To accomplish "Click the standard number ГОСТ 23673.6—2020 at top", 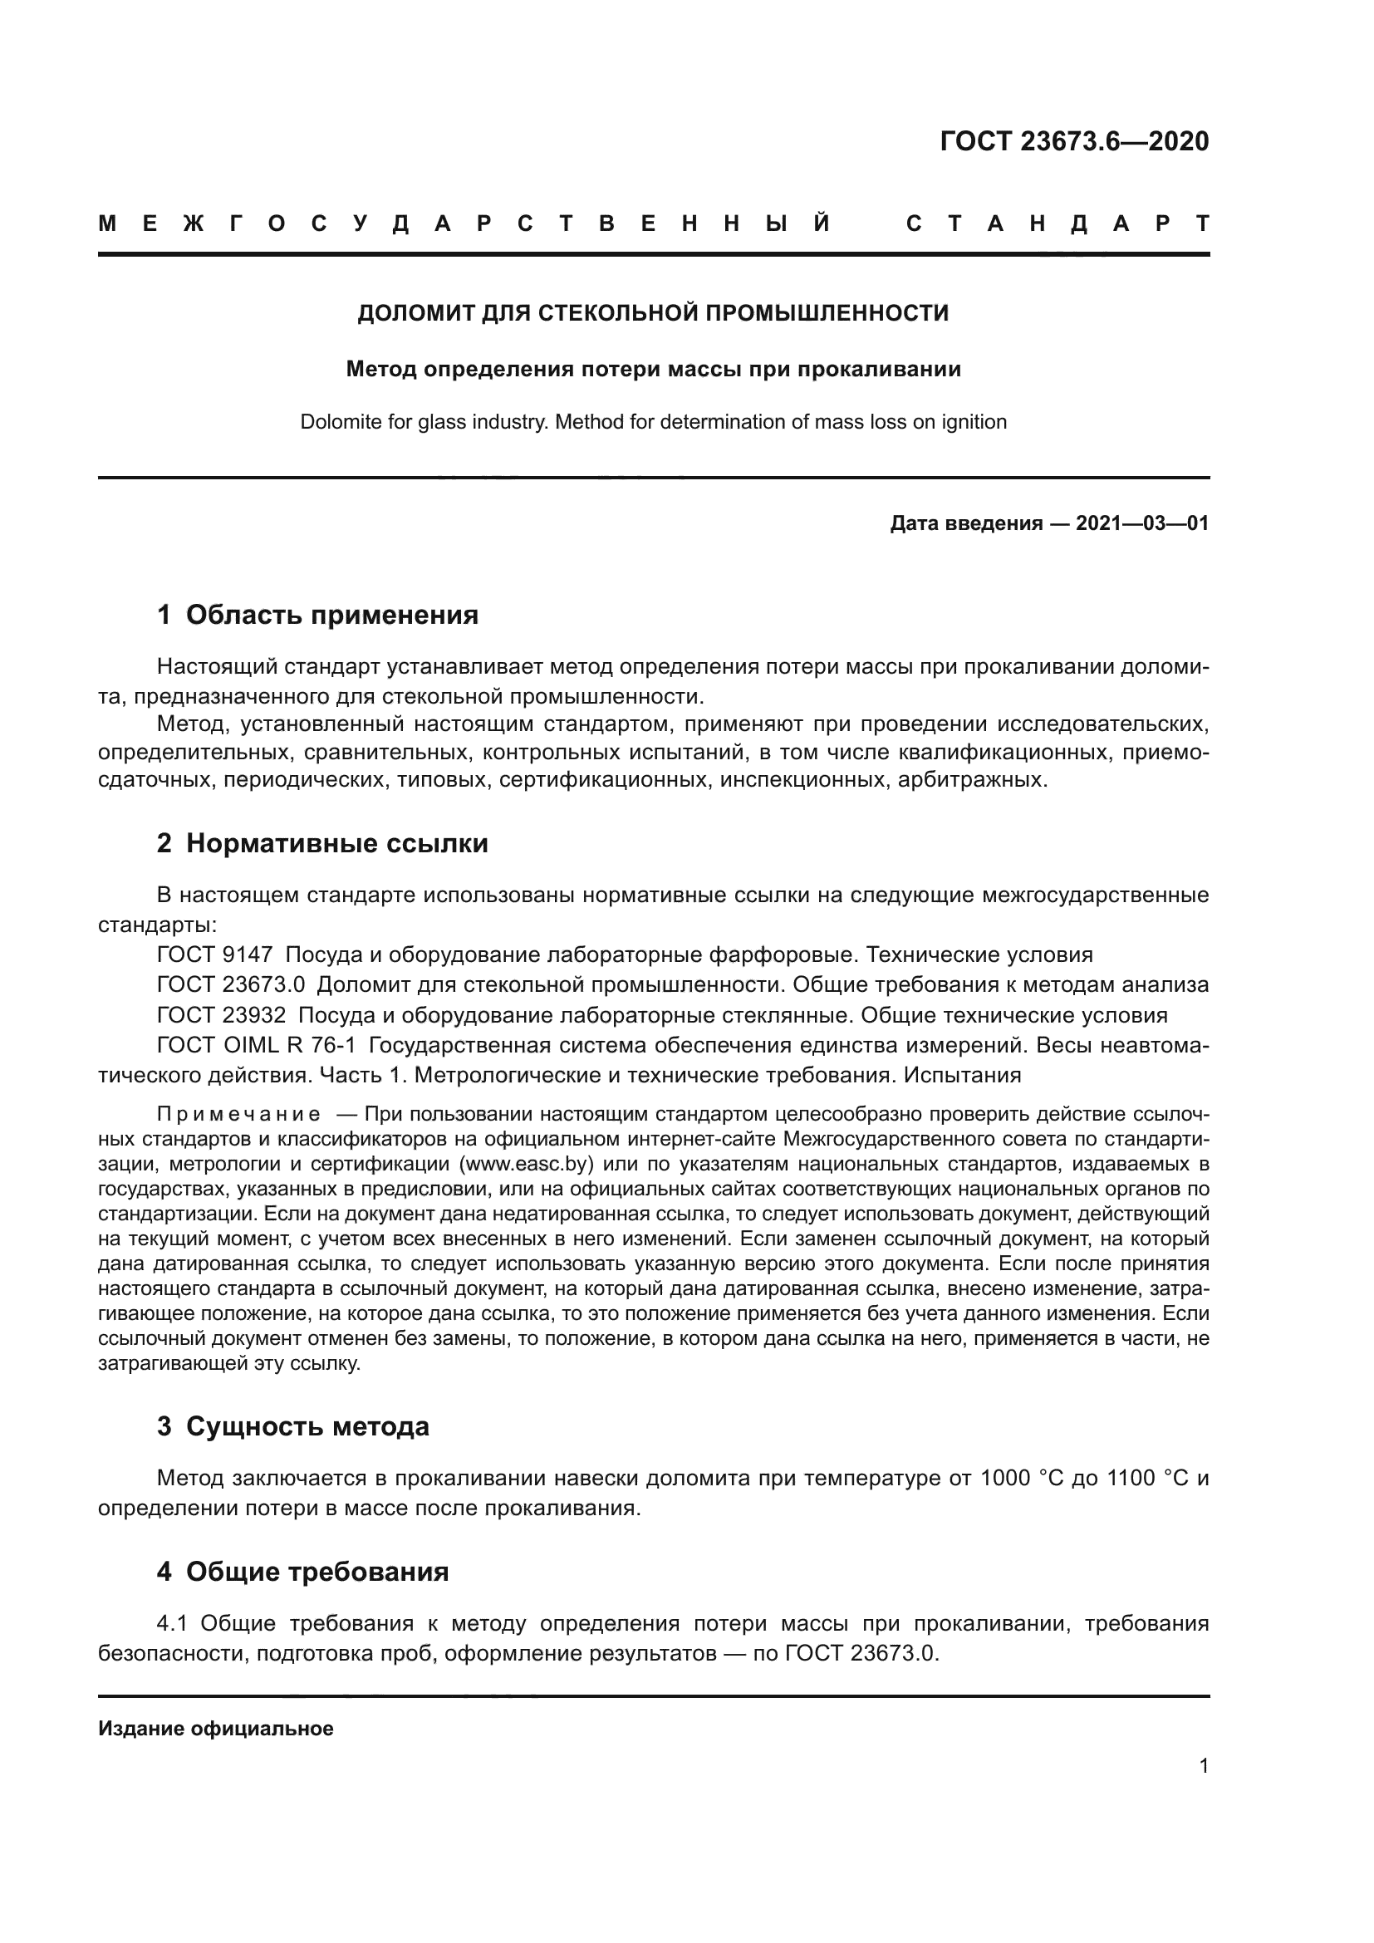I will point(1073,141).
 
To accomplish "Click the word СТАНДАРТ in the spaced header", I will point(1057,224).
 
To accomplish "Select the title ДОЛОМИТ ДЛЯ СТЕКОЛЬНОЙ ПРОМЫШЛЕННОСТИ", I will point(652,313).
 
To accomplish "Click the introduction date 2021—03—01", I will point(1142,523).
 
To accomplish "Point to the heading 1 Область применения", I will point(317,615).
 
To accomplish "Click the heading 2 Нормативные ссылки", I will point(322,843).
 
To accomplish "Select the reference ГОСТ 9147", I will point(215,954).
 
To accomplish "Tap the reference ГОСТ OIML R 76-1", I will point(257,1045).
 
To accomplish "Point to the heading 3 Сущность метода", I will point(292,1426).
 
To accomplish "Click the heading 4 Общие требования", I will point(302,1572).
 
